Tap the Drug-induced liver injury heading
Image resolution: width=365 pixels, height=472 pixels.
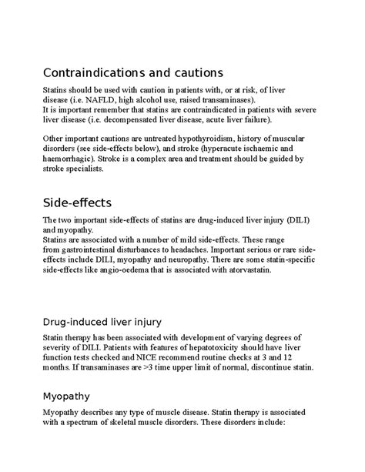pyautogui.click(x=112, y=320)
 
